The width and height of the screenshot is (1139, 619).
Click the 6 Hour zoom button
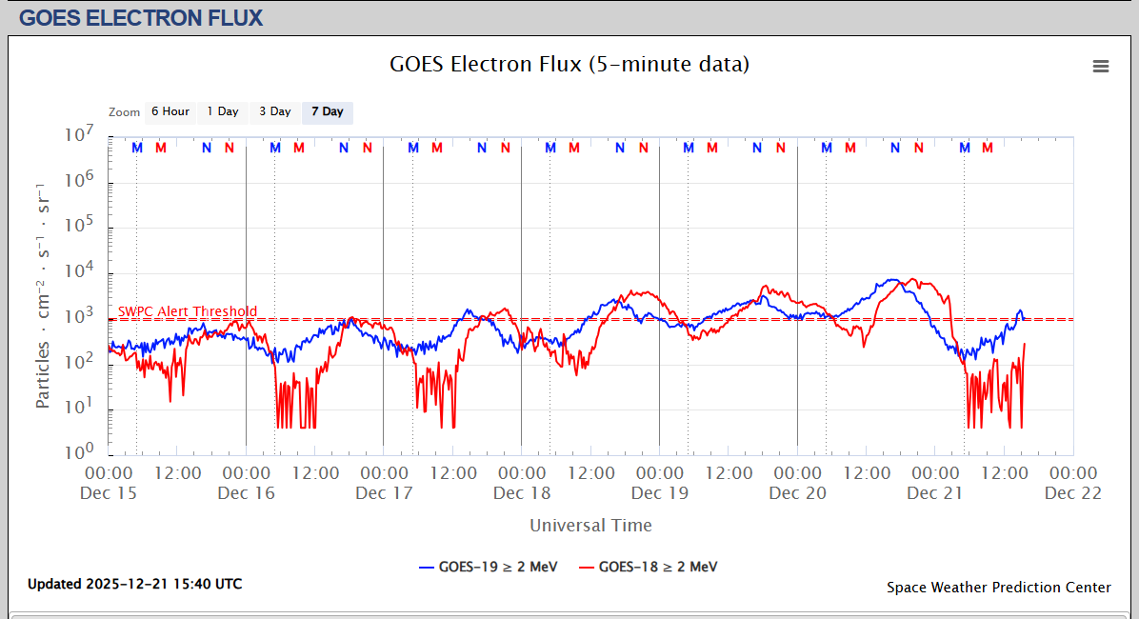pos(170,111)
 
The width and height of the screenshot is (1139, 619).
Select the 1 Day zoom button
pos(223,111)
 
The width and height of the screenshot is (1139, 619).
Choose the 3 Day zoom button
pos(274,111)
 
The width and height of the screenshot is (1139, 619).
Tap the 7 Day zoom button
pos(327,111)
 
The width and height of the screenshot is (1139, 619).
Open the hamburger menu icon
pos(1101,66)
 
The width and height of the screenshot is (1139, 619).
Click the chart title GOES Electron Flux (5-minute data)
pos(569,65)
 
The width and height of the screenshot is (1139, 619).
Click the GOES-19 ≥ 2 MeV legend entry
pos(488,567)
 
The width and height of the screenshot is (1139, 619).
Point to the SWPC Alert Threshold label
pos(188,311)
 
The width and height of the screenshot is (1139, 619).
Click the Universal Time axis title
pos(590,525)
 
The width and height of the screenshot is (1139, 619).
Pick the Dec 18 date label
pos(522,492)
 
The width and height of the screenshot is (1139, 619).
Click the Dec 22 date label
pos(1073,492)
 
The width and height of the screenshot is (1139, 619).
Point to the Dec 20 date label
pos(798,492)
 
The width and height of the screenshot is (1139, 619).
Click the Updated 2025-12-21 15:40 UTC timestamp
pos(134,584)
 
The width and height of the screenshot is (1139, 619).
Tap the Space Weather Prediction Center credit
pos(998,588)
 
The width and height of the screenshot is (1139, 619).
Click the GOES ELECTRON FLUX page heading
pos(141,18)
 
